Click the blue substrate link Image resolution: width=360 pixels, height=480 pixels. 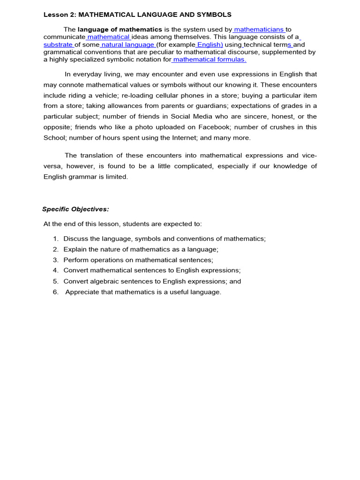coord(58,45)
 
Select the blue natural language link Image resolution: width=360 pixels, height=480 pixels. coord(127,45)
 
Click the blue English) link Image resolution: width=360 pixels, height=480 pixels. coord(210,45)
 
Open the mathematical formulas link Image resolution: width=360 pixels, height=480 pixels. coord(209,60)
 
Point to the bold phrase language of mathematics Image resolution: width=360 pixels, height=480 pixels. coord(120,30)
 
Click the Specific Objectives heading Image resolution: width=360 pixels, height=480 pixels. coord(75,209)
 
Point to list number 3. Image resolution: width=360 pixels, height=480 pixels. coord(55,260)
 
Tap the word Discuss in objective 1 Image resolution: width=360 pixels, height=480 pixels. coord(75,239)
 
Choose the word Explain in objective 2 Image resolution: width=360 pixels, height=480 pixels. coord(75,249)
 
